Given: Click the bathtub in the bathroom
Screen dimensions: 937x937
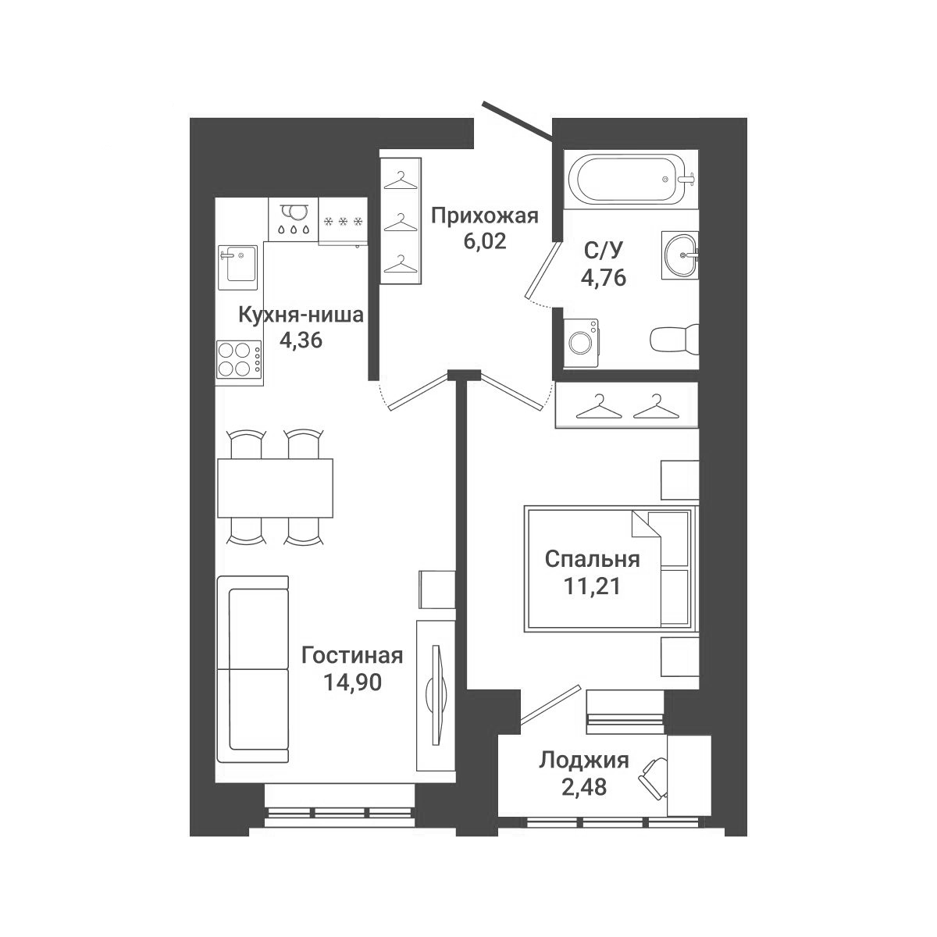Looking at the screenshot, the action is [x=631, y=180].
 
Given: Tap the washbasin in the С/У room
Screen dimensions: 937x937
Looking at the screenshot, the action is [x=681, y=255].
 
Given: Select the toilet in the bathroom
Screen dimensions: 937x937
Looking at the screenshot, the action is [x=674, y=338].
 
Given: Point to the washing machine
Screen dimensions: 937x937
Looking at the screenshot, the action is [x=582, y=342].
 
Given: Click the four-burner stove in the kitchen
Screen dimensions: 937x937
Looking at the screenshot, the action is [x=239, y=363].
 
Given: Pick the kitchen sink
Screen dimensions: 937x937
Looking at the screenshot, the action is [x=237, y=268].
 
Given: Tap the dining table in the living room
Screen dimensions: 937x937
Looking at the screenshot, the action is [x=275, y=488].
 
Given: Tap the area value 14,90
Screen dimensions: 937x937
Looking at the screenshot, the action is [x=352, y=682].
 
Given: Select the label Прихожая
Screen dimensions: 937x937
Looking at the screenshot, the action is [x=485, y=216].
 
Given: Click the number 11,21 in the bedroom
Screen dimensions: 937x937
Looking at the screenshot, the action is [x=592, y=586].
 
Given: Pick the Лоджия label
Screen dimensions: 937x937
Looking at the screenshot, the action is [x=584, y=761].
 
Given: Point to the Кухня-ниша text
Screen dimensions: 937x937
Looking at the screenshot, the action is [x=301, y=315].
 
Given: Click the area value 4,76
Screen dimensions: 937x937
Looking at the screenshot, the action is [x=604, y=278].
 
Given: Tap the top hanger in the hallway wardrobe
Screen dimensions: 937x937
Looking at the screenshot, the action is [x=401, y=181].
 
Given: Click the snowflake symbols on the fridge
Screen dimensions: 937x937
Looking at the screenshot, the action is [x=344, y=222].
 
